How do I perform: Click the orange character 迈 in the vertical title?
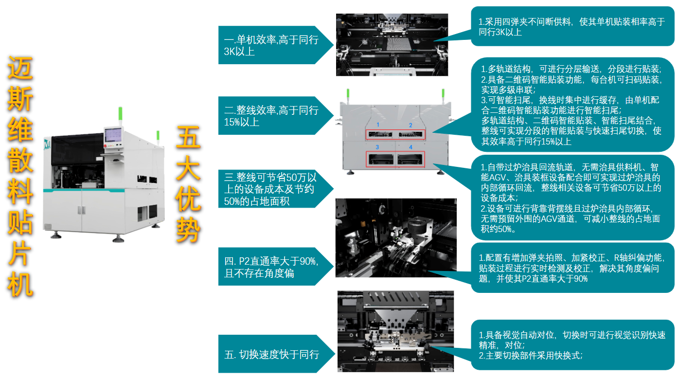coord(20,68)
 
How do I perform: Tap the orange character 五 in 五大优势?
coord(188,137)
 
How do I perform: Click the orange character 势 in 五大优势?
coord(188,230)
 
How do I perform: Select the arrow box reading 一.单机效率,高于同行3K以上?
coord(275,45)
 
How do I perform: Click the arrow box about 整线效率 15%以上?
coord(275,116)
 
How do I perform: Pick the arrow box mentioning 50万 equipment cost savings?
coord(275,189)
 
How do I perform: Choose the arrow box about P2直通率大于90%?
coord(275,267)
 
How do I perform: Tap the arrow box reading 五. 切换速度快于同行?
coord(276,354)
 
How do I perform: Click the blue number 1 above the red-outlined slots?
coord(378,125)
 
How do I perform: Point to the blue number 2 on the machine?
coord(410,126)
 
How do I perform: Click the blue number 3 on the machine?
coord(377,147)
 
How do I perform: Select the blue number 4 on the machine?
coord(410,147)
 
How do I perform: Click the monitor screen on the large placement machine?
coord(113,135)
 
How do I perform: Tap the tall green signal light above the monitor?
coord(120,114)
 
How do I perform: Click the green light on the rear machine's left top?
coord(348,93)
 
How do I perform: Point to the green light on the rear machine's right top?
coord(443,93)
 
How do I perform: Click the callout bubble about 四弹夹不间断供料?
coord(572,27)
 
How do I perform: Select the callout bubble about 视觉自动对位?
coord(572,345)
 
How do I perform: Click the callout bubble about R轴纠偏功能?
coord(572,268)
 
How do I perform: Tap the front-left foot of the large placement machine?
coord(56,235)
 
